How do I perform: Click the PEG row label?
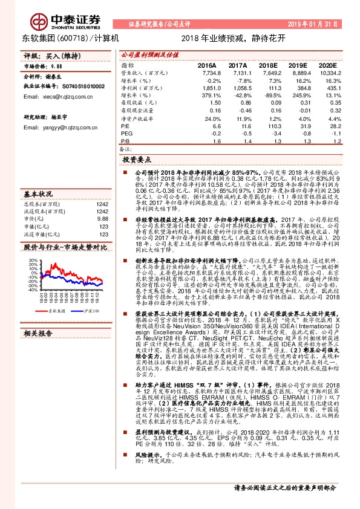click(x=126, y=133)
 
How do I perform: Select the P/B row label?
click(x=126, y=140)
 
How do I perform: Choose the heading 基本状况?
click(x=38, y=195)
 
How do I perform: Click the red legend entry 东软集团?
click(x=56, y=310)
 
